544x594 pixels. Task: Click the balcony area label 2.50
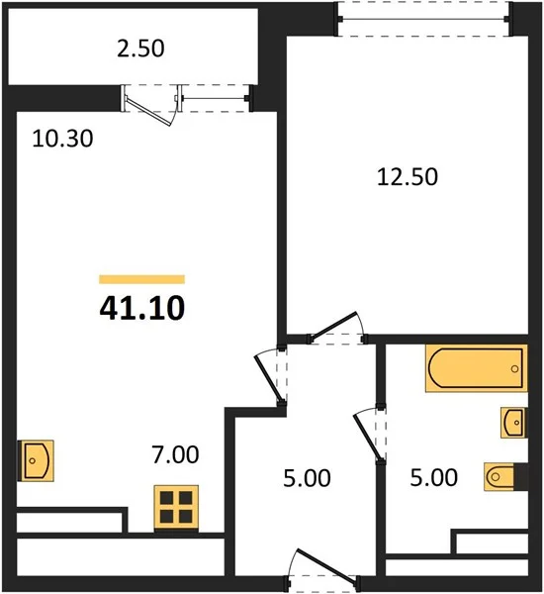click(140, 49)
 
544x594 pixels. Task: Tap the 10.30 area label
click(62, 139)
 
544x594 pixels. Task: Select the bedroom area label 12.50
click(408, 177)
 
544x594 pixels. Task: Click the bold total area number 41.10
click(142, 308)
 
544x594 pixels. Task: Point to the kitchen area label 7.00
click(175, 454)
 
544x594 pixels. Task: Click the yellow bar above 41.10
click(142, 279)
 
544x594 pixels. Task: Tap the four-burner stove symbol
click(176, 508)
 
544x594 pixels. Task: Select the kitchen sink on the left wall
click(36, 460)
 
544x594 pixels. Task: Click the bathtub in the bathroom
click(476, 368)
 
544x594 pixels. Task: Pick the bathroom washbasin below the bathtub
click(513, 423)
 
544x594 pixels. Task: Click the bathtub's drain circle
click(514, 368)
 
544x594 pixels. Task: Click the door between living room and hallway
click(271, 376)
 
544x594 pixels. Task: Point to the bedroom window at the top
click(424, 19)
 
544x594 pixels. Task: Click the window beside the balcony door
click(215, 99)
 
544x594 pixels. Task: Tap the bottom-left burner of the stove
click(166, 517)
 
